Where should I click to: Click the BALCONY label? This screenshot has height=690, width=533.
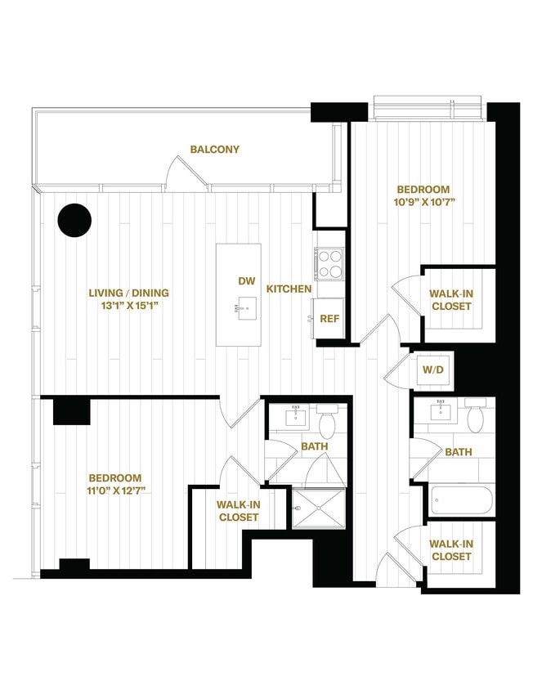click(214, 150)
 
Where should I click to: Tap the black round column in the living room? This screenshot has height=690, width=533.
click(74, 220)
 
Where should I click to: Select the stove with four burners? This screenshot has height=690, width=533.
click(329, 263)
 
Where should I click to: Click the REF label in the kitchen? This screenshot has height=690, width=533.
click(329, 319)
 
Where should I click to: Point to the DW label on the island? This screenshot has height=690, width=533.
click(247, 281)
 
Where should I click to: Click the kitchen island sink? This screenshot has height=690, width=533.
click(240, 309)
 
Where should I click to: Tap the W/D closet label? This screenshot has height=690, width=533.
click(433, 369)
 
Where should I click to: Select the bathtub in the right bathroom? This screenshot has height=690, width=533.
click(461, 498)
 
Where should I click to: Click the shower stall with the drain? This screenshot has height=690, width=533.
click(319, 508)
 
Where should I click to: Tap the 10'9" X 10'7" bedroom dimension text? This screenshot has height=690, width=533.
click(423, 203)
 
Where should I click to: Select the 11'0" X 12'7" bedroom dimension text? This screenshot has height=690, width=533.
click(114, 491)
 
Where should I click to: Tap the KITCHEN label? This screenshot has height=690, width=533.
click(288, 289)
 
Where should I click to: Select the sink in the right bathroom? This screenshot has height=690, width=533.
click(441, 415)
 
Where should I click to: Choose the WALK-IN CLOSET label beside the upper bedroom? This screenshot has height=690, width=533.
click(450, 300)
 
